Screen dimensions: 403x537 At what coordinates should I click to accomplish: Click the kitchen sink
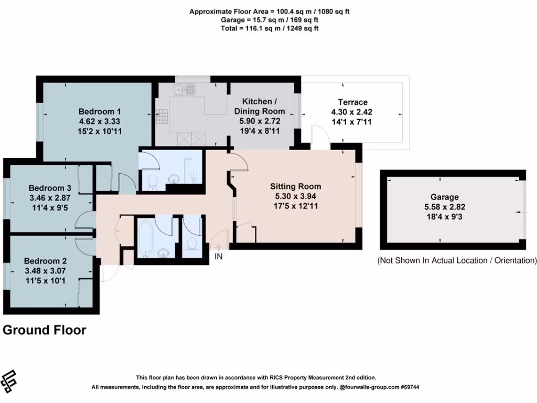(186, 90)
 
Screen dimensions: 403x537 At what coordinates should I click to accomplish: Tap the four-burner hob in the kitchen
(162, 115)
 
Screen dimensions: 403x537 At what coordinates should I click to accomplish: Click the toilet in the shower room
(152, 182)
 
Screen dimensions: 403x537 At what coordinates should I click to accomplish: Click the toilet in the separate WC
(192, 245)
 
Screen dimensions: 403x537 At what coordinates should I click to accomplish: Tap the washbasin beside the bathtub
(163, 253)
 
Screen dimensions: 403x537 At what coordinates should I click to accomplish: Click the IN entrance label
(219, 257)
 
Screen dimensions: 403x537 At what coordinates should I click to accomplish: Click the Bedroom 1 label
(100, 111)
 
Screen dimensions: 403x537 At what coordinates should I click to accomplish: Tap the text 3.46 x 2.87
(50, 197)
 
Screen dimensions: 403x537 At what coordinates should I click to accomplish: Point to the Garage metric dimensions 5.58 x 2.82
(444, 207)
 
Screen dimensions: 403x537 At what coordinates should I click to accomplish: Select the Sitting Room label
(296, 186)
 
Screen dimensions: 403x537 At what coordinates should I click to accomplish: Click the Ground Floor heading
(44, 330)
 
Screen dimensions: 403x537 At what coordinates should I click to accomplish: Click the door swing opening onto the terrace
(319, 135)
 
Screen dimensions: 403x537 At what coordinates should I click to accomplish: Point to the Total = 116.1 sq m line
(268, 28)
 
